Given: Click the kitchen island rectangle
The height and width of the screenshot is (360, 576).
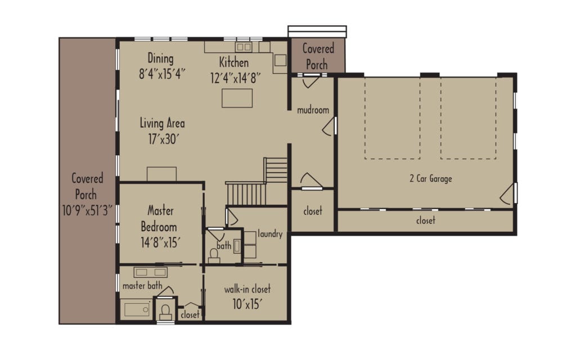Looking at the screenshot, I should pos(237,98).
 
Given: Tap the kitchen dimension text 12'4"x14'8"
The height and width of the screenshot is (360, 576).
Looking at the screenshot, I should pos(233,78).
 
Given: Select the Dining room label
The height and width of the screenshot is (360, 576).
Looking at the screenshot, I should pos(160,58).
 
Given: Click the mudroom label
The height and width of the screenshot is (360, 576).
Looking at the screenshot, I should pos(313,110).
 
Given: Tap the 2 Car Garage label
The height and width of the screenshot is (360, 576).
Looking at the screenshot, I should pos(430,179).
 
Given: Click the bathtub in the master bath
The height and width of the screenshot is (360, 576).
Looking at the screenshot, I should pos(136,309).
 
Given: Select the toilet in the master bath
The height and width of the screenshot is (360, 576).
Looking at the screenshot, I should pos(165,310).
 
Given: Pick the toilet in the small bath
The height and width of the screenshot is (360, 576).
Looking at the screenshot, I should pos(214,255).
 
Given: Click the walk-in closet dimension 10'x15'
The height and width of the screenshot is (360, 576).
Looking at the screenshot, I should pos(247,304).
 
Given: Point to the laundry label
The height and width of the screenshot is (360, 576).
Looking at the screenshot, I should pos(269,234).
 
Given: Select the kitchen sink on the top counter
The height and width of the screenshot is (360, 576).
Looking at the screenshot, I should pos(244,47).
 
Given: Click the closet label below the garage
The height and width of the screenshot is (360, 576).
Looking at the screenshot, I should pos(425,220).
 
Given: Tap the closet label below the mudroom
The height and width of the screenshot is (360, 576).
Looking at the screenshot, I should pos(313,211).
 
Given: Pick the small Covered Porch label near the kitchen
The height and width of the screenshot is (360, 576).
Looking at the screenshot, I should pos(318,57).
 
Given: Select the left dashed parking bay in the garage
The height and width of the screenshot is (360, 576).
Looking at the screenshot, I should pos(392,118).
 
